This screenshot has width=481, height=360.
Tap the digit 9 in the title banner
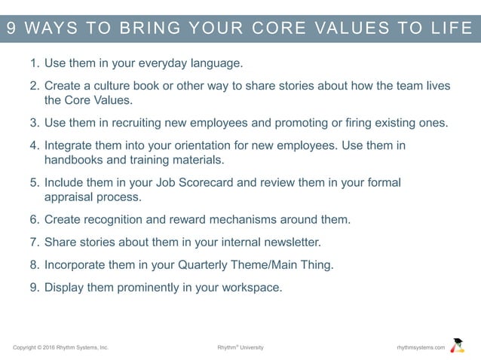11,29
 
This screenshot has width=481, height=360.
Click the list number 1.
34,63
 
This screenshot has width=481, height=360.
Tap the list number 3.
34,122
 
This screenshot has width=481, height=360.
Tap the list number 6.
34,219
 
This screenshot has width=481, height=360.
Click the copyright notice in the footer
61,347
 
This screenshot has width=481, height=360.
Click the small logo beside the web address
457,346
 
